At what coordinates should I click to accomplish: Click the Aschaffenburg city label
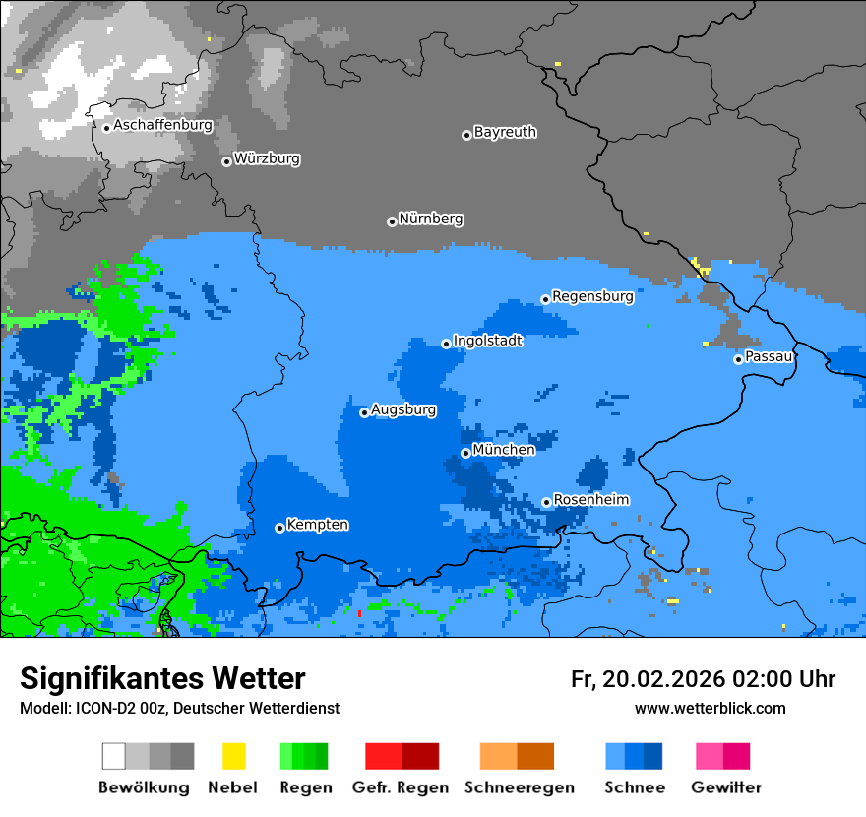[x=162, y=126]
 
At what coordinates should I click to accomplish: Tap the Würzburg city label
[x=267, y=158]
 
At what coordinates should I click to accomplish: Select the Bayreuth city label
[x=505, y=132]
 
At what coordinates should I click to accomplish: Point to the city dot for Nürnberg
[x=392, y=221]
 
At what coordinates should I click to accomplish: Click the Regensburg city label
[x=592, y=296]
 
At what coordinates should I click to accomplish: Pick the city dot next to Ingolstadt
[x=446, y=344]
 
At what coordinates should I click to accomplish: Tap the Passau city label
[x=769, y=356]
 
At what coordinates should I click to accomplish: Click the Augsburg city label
[x=402, y=409]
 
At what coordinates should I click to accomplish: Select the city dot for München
[x=465, y=453]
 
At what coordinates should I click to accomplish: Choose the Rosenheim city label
[x=590, y=500]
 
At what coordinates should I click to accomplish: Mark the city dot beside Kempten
[x=279, y=528]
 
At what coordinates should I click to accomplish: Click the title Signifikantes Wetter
[x=162, y=679]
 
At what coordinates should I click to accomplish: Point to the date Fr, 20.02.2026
[x=648, y=679]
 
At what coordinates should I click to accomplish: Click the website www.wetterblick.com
[x=710, y=709]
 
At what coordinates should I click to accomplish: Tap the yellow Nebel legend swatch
[x=233, y=756]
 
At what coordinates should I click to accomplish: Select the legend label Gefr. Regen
[x=401, y=787]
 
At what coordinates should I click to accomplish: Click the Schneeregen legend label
[x=518, y=787]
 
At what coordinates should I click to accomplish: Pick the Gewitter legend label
[x=726, y=787]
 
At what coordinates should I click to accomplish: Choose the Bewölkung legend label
[x=144, y=787]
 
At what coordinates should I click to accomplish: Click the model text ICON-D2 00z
[x=116, y=709]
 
